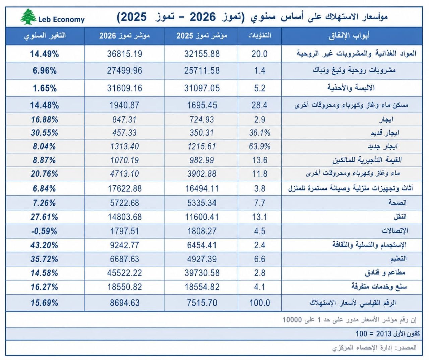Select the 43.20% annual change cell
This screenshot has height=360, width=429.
pyautogui.click(x=44, y=245)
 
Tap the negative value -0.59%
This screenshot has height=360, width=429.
pyautogui.click(x=44, y=231)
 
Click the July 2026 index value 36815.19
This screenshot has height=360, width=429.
pyautogui.click(x=124, y=54)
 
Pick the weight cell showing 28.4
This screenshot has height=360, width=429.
pyautogui.click(x=259, y=105)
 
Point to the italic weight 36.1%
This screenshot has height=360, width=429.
pyautogui.click(x=260, y=133)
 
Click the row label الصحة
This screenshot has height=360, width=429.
pyautogui.click(x=397, y=203)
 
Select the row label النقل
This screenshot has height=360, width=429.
pyautogui.click(x=400, y=217)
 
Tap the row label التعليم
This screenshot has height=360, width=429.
pyautogui.click(x=399, y=259)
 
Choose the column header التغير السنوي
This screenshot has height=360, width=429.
pyautogui.click(x=45, y=36)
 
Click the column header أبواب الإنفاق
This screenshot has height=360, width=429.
pyautogui.click(x=349, y=36)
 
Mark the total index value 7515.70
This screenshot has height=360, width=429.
pyautogui.click(x=202, y=303)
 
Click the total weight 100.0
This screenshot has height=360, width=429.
pyautogui.click(x=260, y=303)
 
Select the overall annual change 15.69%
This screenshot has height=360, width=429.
pyautogui.click(x=44, y=303)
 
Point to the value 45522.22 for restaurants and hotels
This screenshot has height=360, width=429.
pyautogui.click(x=124, y=273)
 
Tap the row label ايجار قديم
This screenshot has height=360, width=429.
pyautogui.click(x=385, y=133)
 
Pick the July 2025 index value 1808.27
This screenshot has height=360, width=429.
pyautogui.click(x=202, y=231)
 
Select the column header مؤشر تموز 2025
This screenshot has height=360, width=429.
pyautogui.click(x=201, y=36)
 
